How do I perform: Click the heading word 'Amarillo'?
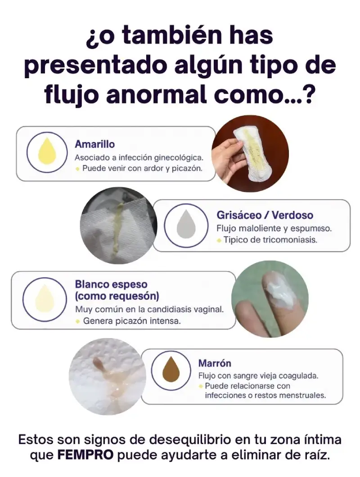[x=94, y=144]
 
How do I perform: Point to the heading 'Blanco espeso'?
[x=111, y=285]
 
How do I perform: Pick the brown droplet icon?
[x=171, y=370]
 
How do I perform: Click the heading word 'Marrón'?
[x=215, y=363]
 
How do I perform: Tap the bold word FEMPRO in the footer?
[x=86, y=455]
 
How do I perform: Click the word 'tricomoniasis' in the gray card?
[x=290, y=240]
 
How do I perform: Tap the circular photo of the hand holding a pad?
[x=250, y=154]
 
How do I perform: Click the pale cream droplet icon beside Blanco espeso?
[x=45, y=299]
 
